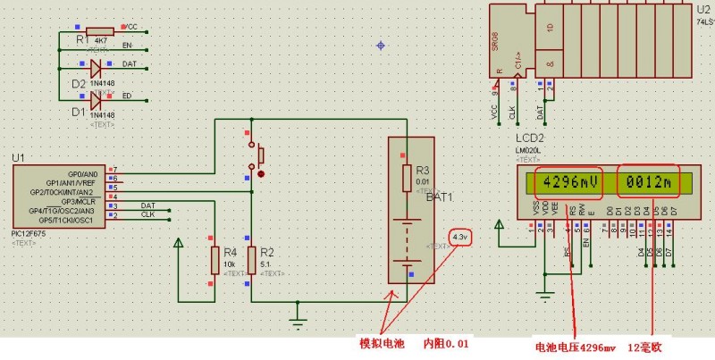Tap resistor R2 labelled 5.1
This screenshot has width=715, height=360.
[251, 261]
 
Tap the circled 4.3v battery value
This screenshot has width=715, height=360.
[460, 238]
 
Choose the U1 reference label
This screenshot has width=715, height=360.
[18, 157]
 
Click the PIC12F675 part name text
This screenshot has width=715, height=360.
[32, 233]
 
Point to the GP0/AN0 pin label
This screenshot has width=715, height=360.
[85, 174]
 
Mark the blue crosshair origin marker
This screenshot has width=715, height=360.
[382, 45]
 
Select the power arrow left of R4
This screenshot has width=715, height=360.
[179, 243]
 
